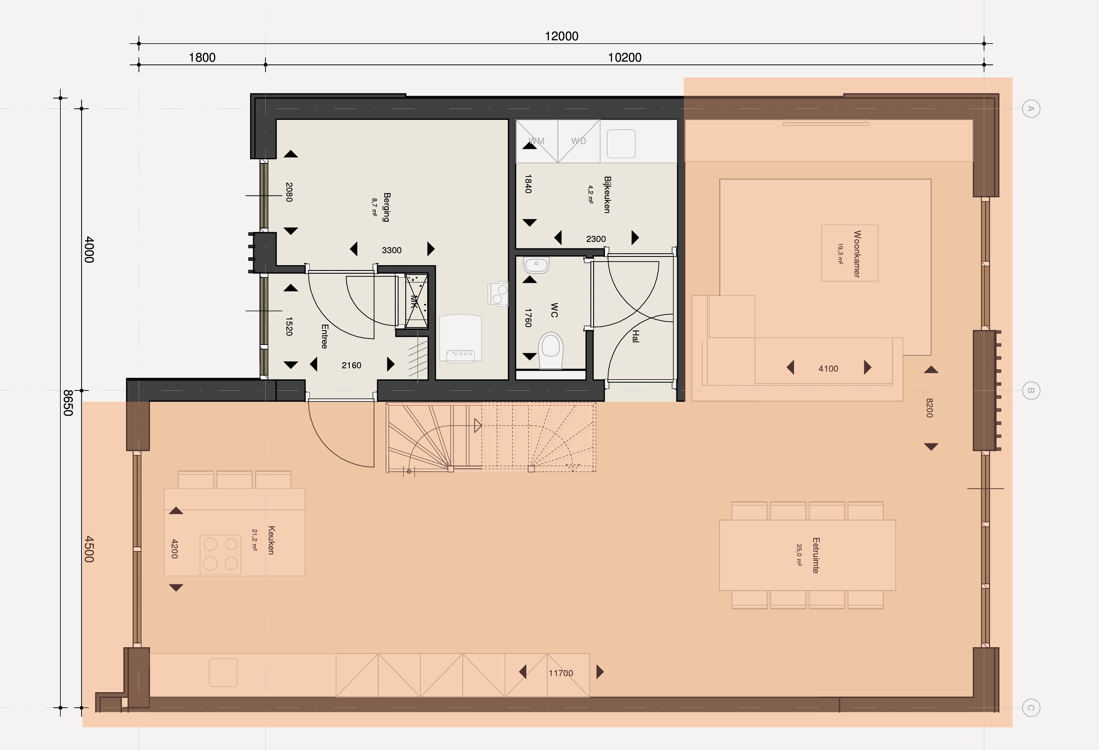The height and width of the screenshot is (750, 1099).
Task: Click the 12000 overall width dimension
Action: click(x=561, y=36)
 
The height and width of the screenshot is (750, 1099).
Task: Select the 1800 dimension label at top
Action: click(x=202, y=58)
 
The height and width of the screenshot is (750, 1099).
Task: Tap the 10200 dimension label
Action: click(x=624, y=58)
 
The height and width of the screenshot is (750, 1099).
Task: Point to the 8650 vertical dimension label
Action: click(x=68, y=403)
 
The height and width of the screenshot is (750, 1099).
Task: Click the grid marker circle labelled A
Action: click(x=1031, y=109)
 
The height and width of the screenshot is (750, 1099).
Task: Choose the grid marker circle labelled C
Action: click(x=1031, y=708)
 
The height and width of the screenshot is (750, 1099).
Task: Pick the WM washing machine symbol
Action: click(x=537, y=141)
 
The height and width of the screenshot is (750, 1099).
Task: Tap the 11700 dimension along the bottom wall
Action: click(x=561, y=673)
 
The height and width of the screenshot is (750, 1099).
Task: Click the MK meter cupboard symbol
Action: click(x=415, y=301)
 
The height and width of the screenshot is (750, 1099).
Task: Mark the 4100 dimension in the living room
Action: click(x=828, y=369)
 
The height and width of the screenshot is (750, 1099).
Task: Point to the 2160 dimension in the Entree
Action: click(x=351, y=365)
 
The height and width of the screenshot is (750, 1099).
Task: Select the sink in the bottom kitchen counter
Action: click(x=223, y=672)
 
